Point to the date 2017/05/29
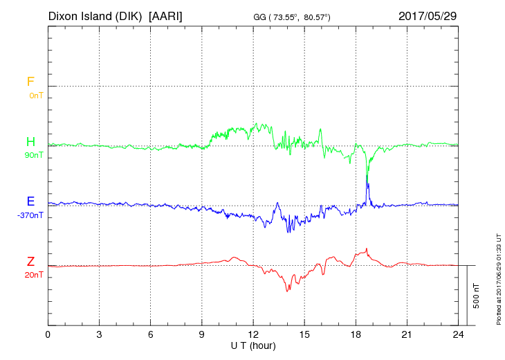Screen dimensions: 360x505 click(427, 15)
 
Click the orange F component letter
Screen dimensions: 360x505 click(30, 82)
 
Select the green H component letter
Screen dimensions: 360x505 click(30, 142)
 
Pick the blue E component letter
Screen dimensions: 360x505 click(30, 202)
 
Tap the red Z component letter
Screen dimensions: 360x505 click(30, 262)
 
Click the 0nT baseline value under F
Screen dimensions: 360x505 click(36, 95)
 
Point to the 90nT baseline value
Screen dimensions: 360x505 click(34, 155)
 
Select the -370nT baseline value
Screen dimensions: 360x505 click(31, 215)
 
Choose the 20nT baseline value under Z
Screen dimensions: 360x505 click(34, 275)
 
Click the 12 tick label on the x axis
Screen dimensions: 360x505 click(253, 335)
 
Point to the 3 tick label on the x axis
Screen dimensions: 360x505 click(99, 335)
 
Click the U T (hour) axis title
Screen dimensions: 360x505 click(253, 345)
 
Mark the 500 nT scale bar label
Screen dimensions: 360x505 click(477, 295)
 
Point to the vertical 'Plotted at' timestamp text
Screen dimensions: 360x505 click(498, 280)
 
